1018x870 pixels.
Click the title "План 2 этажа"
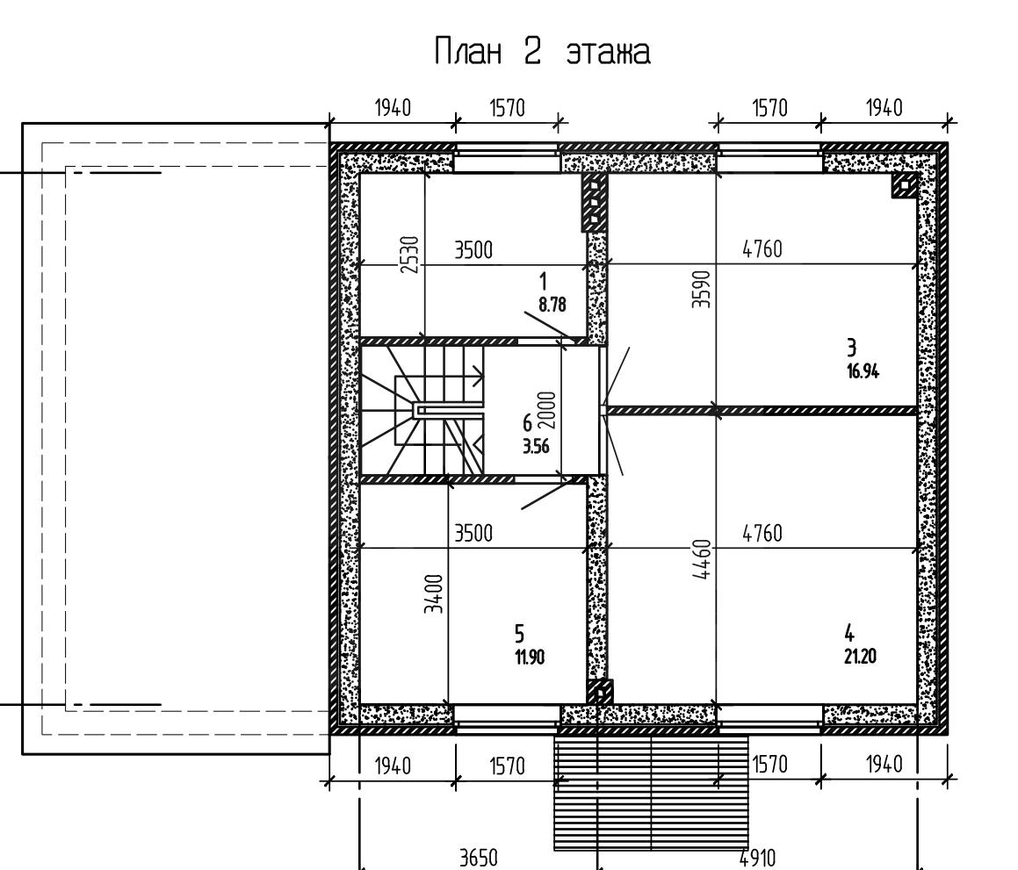click(542, 51)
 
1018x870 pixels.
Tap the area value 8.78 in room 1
click(552, 305)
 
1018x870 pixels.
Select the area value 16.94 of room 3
click(863, 371)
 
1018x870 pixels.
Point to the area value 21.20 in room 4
click(860, 657)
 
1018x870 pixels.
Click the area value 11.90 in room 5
click(529, 658)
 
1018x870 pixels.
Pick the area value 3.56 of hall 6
click(536, 446)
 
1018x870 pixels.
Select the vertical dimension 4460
click(702, 559)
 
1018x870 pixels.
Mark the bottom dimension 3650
click(479, 859)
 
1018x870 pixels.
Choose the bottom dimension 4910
click(757, 859)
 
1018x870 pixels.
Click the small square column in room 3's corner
click(904, 187)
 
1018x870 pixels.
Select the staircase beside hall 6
click(422, 412)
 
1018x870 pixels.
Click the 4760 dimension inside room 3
click(762, 249)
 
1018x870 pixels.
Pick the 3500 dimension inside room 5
click(473, 533)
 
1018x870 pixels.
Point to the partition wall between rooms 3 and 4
click(762, 411)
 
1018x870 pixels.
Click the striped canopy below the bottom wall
click(651, 793)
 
